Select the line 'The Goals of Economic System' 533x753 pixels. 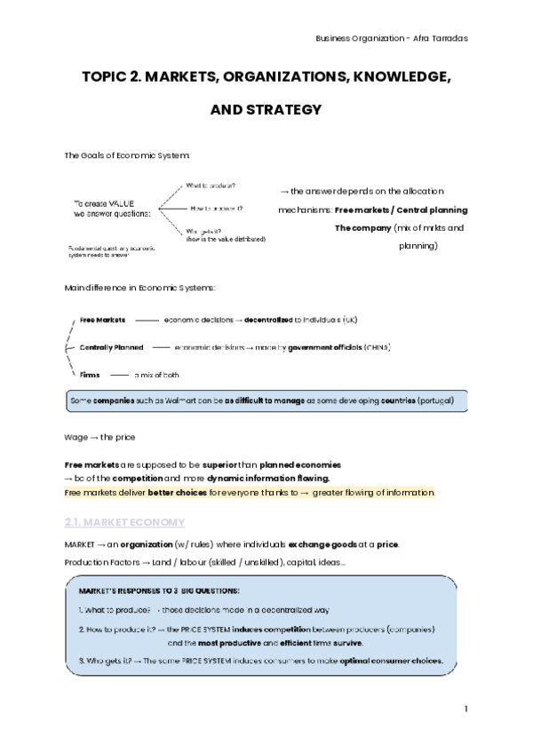pos(127,155)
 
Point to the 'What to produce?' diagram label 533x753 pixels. pos(211,186)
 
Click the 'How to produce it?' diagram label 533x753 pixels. pos(217,209)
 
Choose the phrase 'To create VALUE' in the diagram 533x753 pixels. pos(104,203)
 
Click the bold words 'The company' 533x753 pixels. pos(362,227)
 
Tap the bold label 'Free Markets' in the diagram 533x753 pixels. pos(102,320)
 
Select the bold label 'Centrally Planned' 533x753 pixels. pos(111,347)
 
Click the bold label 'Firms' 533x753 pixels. pos(90,375)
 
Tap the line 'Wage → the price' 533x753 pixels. pos(100,437)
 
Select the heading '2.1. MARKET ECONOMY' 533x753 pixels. pos(124,521)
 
